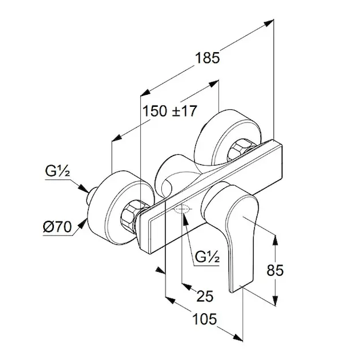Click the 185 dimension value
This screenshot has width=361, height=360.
click(x=207, y=58)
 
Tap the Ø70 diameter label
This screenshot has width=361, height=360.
click(x=58, y=226)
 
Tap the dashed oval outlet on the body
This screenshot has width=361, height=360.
click(x=182, y=211)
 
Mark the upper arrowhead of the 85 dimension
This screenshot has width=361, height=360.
click(x=276, y=239)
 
